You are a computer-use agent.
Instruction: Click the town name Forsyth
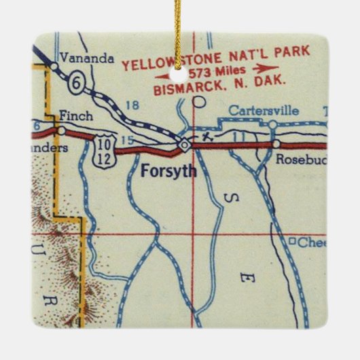(x=168, y=171)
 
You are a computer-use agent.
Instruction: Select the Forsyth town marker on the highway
(x=184, y=144)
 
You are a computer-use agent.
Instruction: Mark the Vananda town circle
(x=53, y=66)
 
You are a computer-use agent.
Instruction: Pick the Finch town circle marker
(x=62, y=129)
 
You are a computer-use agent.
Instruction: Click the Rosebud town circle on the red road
(x=276, y=144)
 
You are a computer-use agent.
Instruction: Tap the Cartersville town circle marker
(x=272, y=124)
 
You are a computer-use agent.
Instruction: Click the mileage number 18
(x=132, y=105)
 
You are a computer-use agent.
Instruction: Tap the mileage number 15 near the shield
(x=123, y=140)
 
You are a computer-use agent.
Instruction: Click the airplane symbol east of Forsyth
(x=206, y=136)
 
